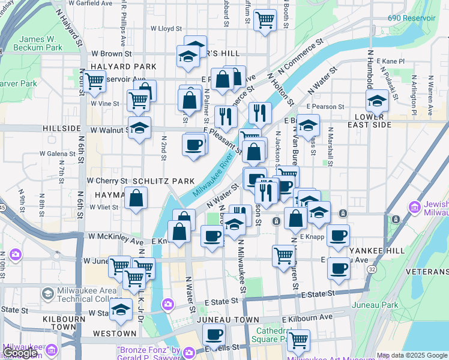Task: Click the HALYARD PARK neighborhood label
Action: tap(123, 67)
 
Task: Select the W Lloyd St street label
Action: tap(166, 28)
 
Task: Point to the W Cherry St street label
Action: tap(107, 180)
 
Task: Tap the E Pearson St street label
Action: tap(325, 106)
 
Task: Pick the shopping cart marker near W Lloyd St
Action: tap(265, 20)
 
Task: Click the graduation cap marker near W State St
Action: tap(121, 310)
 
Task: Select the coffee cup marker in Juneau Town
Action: tap(212, 334)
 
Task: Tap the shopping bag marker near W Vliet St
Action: tap(136, 198)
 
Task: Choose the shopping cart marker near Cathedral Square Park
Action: tap(298, 340)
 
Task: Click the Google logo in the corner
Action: tap(20, 353)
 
